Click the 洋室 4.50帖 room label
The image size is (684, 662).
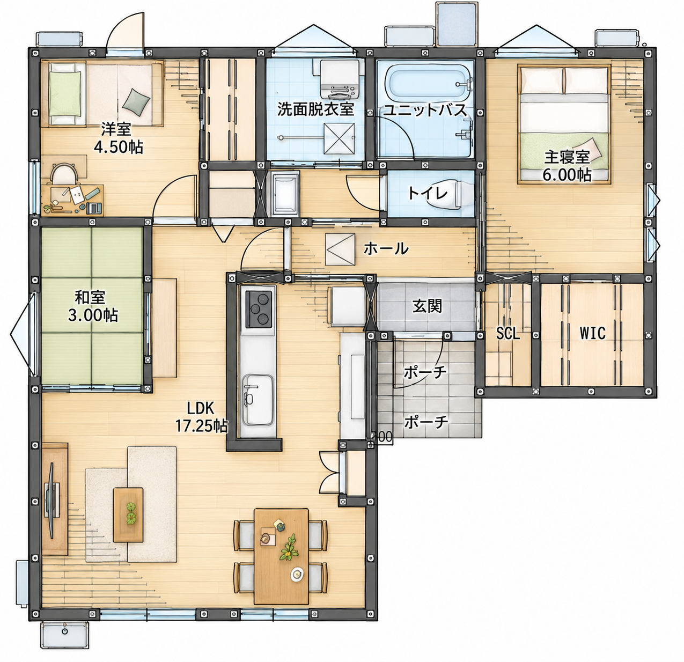118,138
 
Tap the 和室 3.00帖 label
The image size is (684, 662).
92,306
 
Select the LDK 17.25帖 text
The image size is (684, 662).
201,417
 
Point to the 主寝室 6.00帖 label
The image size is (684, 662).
567,166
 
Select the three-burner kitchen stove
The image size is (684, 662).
259,309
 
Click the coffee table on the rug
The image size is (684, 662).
128,515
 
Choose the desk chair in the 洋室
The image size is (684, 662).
64,174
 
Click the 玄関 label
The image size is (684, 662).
426,306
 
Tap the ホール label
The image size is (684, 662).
386,248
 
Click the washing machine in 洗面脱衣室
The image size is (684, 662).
340,79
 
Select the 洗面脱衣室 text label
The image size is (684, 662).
315,109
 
